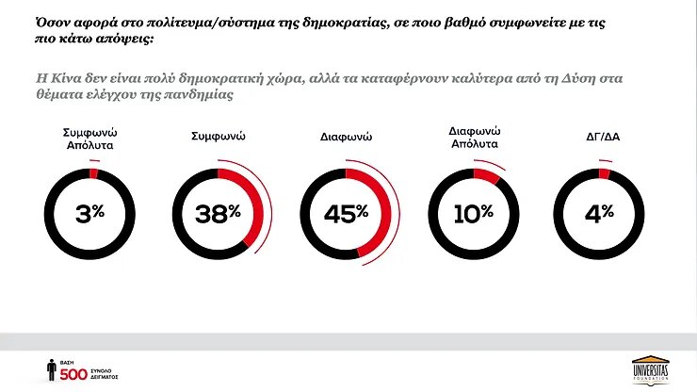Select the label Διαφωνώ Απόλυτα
click(474, 138)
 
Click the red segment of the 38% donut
click(253, 202)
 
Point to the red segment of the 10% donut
click(486, 175)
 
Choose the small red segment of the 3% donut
click(93, 173)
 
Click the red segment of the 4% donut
click(605, 173)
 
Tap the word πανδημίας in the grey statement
click(201, 96)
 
